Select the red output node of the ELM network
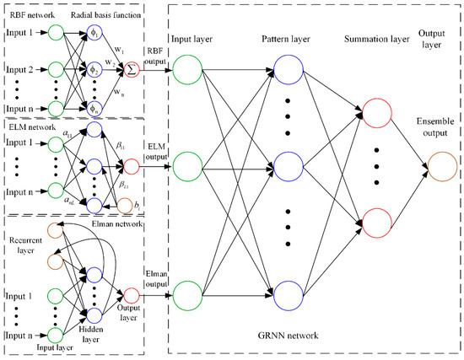[132, 165]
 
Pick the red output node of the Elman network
[132, 296]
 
